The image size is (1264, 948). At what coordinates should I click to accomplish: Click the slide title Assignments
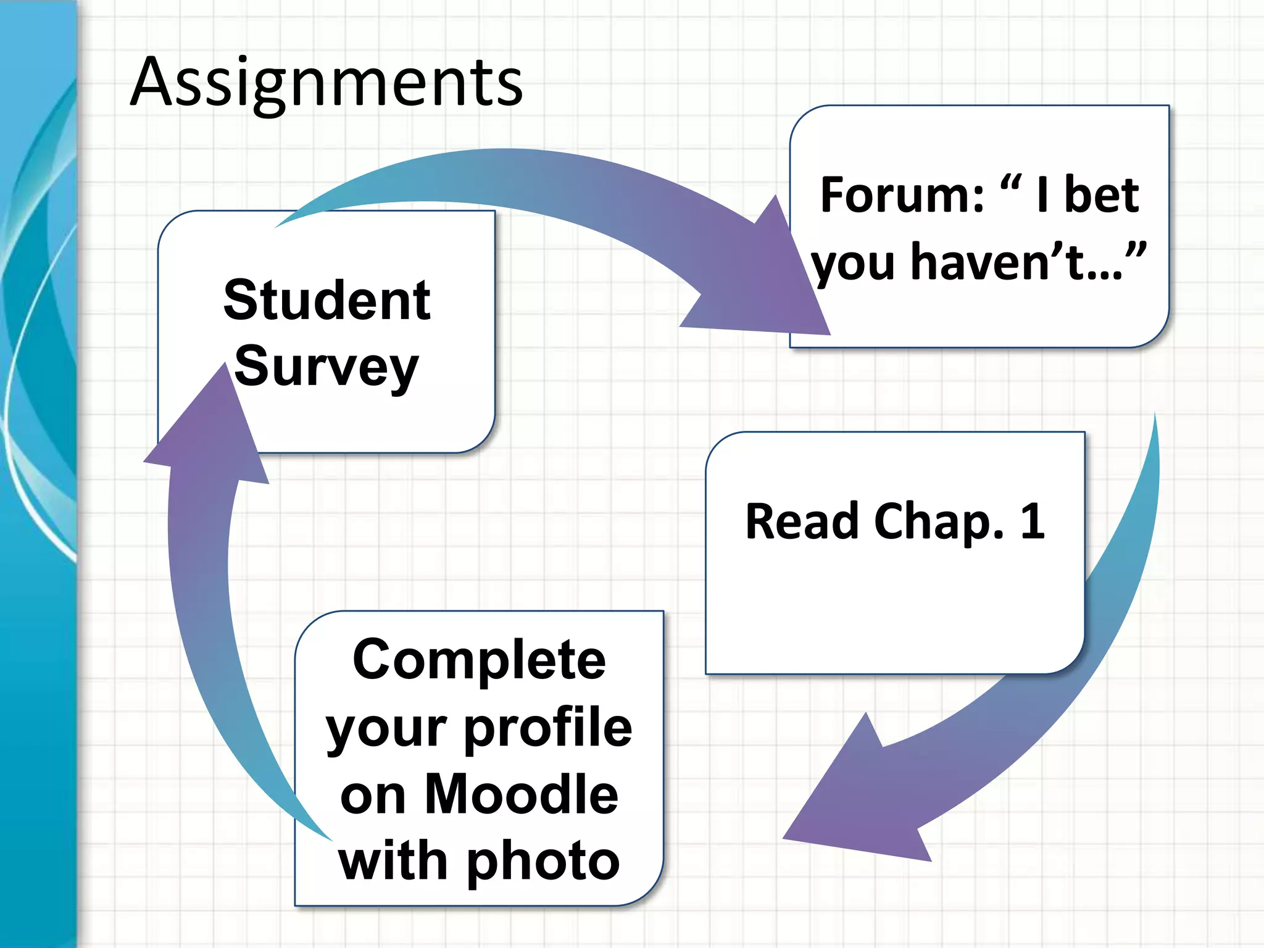pyautogui.click(x=327, y=82)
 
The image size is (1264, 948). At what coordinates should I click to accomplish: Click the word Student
pyautogui.click(x=327, y=301)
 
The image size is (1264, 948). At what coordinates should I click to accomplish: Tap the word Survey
pyautogui.click(x=326, y=368)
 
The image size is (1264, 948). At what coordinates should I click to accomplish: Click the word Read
pyautogui.click(x=802, y=522)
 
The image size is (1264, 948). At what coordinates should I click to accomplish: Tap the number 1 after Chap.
pyautogui.click(x=1033, y=522)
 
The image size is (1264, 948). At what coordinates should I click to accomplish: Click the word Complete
pyautogui.click(x=479, y=660)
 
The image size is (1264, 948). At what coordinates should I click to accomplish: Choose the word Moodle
pyautogui.click(x=522, y=794)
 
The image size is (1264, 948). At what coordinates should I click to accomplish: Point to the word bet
pyautogui.click(x=1102, y=196)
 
